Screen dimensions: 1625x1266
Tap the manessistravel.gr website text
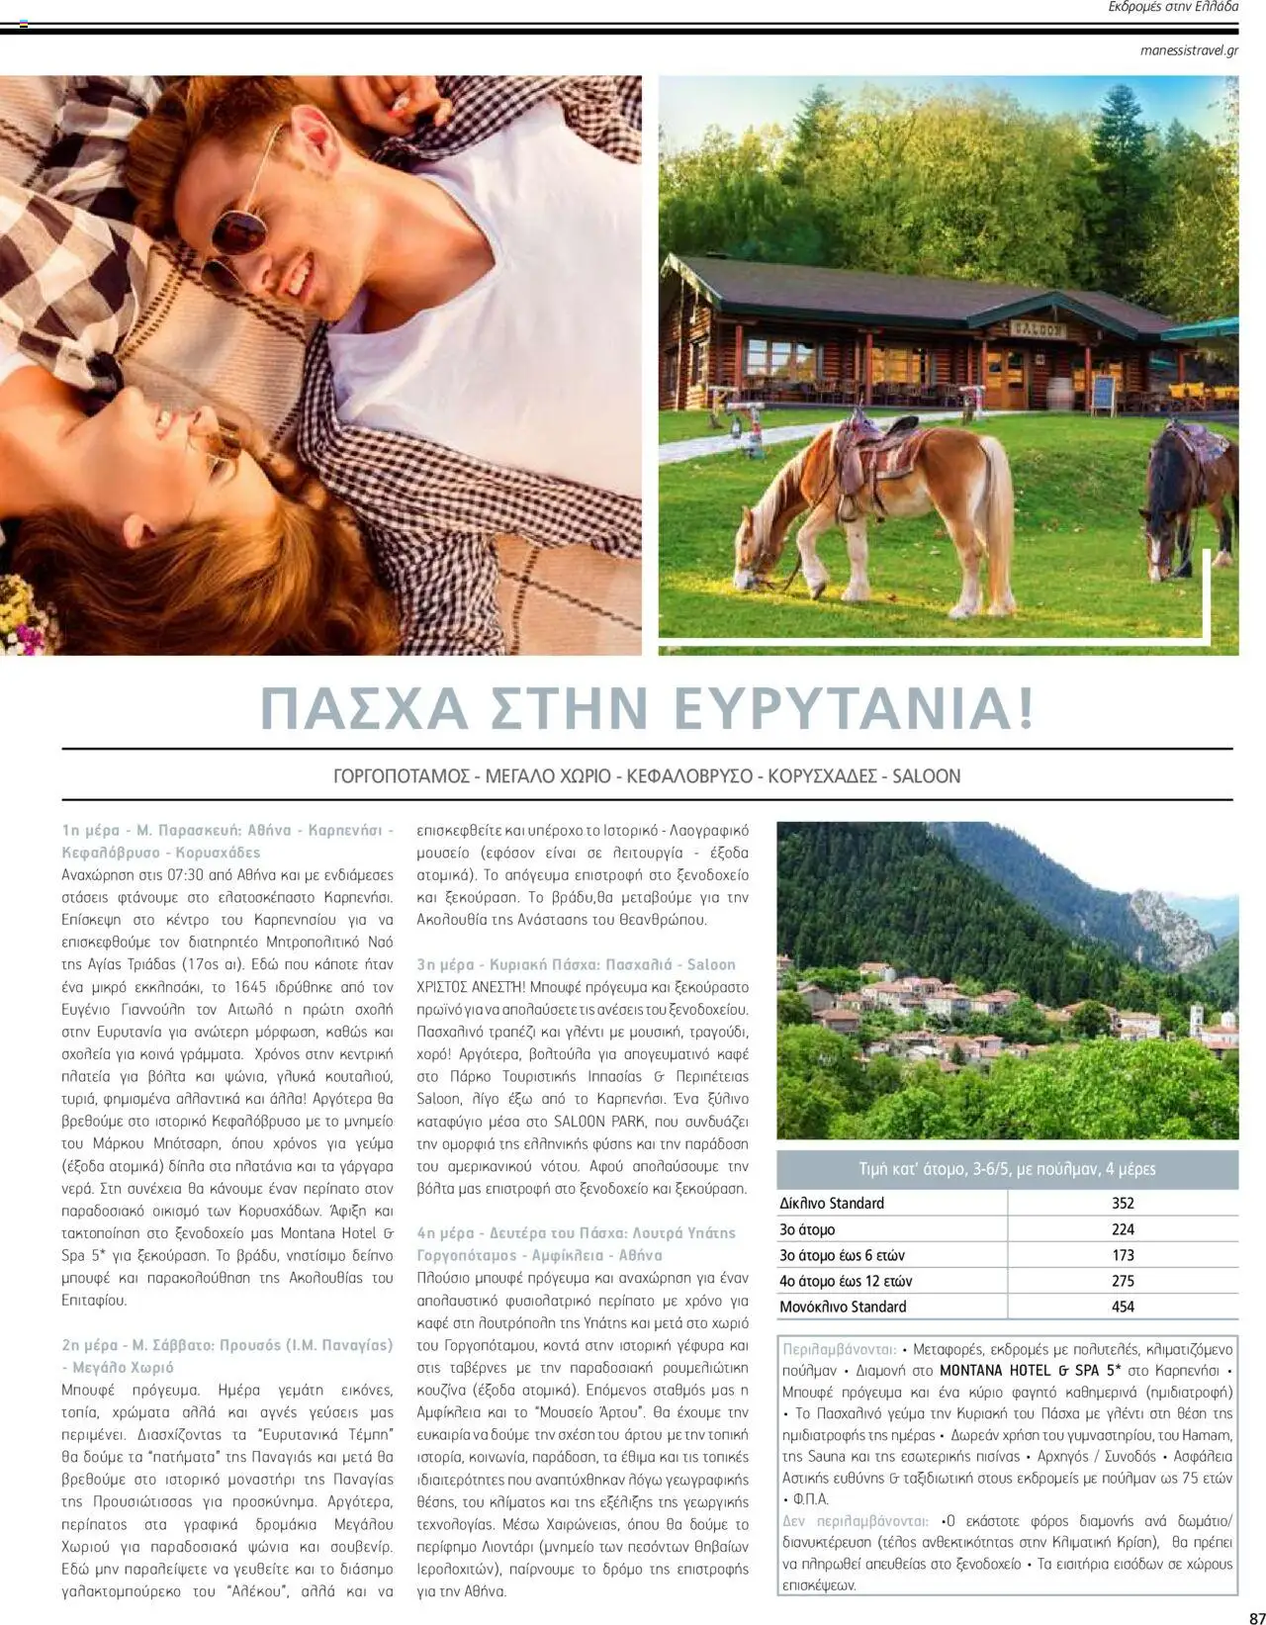click(x=1188, y=50)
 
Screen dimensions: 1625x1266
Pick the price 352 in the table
click(x=1123, y=1204)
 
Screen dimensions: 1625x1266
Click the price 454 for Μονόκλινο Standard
click(x=1123, y=1307)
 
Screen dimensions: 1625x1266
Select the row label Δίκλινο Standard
click(x=832, y=1204)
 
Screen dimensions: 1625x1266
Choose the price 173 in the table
click(x=1123, y=1255)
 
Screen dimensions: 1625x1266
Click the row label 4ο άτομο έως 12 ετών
click(x=846, y=1281)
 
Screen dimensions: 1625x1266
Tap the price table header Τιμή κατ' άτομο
click(x=1007, y=1169)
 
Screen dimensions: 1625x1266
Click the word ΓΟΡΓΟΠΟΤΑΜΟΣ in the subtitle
click(x=401, y=776)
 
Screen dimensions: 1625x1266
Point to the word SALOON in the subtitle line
click(x=926, y=776)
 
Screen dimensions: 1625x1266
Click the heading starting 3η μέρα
click(x=576, y=964)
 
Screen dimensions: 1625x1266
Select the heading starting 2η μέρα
click(x=226, y=1345)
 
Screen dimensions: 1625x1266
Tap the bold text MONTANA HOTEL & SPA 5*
click(x=1030, y=1372)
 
